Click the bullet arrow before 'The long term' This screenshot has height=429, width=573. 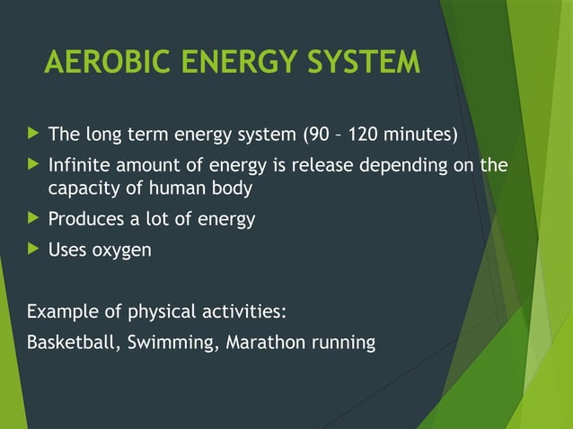point(33,135)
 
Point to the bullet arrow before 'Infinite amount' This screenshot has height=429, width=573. point(33,165)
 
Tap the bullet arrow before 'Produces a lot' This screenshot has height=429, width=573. point(33,218)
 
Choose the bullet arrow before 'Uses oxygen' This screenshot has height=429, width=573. point(33,250)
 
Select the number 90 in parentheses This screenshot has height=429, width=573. point(319,136)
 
